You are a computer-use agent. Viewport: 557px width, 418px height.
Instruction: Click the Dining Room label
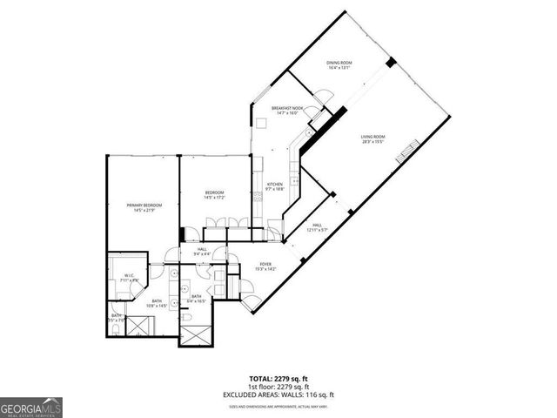tap(339, 62)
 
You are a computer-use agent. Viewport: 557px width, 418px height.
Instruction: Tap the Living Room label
tap(373, 137)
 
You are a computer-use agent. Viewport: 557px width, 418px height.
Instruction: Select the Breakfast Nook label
tap(286, 108)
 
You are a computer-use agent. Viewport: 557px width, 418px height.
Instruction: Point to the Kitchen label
tap(275, 184)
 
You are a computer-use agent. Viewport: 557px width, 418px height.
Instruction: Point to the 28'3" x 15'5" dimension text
tap(373, 142)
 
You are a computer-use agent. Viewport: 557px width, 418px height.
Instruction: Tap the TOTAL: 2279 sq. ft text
tap(278, 378)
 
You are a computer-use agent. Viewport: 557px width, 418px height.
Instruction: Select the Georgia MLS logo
tap(30, 407)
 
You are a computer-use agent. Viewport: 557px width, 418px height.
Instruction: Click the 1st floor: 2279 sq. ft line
tap(278, 386)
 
